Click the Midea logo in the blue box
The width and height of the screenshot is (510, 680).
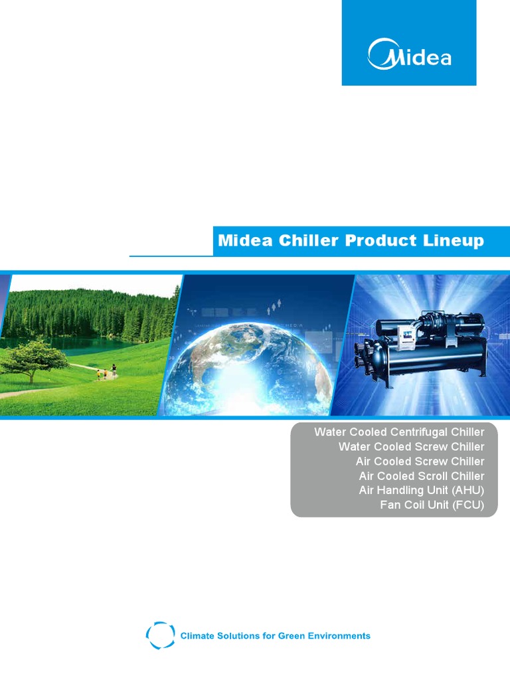point(410,54)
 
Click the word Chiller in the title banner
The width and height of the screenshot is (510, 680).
point(308,240)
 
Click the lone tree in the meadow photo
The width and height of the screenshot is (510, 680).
point(34,361)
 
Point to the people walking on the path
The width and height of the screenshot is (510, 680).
point(106,372)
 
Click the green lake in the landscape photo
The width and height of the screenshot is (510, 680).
point(87,345)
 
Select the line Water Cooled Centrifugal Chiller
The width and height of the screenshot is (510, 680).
point(399,432)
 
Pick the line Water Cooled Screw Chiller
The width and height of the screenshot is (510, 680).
point(411,447)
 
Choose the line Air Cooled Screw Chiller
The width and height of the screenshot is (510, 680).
point(420,461)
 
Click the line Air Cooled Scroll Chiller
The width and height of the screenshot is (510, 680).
point(422,475)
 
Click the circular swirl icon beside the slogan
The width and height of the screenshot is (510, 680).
point(161,636)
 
